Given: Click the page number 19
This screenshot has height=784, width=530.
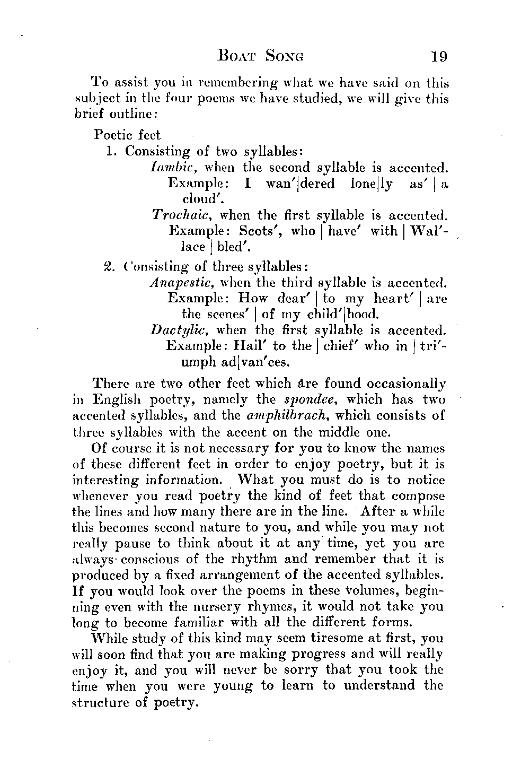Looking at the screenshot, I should [439, 56].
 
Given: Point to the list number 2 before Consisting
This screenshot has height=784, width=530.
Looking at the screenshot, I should [108, 266].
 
